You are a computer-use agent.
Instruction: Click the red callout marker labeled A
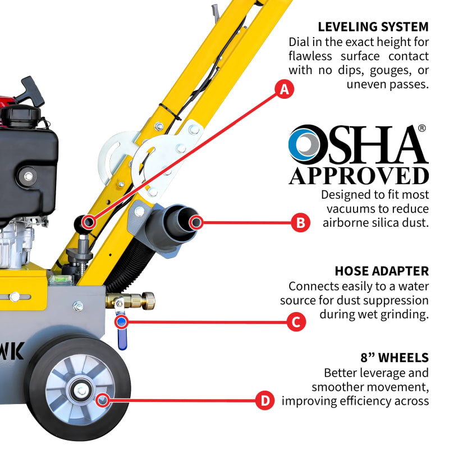(x=285, y=89)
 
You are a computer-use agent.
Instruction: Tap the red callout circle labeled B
(x=300, y=223)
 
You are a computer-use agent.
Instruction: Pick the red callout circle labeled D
(x=264, y=401)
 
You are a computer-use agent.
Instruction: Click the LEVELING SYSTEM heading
(x=373, y=27)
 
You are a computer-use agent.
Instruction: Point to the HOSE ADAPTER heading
(x=382, y=271)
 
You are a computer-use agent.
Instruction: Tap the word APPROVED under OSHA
(x=359, y=176)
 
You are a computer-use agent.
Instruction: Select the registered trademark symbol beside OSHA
(x=421, y=129)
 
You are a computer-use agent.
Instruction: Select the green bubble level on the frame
(x=57, y=277)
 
